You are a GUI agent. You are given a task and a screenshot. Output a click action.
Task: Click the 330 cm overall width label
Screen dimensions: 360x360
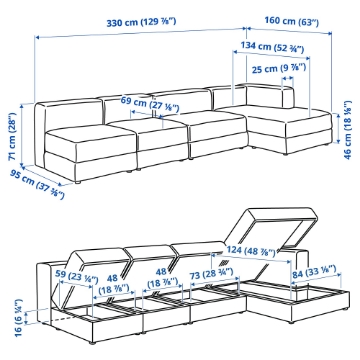pos(141,23)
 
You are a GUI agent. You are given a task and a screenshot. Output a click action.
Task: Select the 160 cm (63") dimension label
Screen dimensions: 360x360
pos(292,21)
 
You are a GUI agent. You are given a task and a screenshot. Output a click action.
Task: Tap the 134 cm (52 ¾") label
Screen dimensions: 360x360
pos(272,48)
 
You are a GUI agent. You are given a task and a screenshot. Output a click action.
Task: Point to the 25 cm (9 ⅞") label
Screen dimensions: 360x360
pos(279,69)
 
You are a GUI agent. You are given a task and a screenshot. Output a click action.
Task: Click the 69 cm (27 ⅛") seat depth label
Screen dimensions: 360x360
pos(150,104)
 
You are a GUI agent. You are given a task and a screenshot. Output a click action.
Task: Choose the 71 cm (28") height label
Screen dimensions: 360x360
pos(13,136)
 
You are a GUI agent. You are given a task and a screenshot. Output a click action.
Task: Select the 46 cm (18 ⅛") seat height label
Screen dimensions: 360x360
pos(347,130)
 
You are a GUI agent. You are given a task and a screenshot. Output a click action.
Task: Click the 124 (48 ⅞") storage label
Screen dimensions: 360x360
pos(251,251)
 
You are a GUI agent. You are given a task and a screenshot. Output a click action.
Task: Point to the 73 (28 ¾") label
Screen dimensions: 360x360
pos(211,274)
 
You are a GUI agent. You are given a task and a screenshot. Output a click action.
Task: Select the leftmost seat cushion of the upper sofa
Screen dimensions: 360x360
pos(90,137)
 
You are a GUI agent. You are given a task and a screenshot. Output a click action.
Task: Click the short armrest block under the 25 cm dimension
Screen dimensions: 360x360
pos(289,98)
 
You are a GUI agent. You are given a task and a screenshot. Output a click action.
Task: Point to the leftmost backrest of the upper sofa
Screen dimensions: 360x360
pos(72,113)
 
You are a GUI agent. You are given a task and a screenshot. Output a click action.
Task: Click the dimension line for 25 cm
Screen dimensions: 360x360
pos(288,79)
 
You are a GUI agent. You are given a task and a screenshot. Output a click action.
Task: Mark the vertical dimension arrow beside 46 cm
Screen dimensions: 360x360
pos(338,129)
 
